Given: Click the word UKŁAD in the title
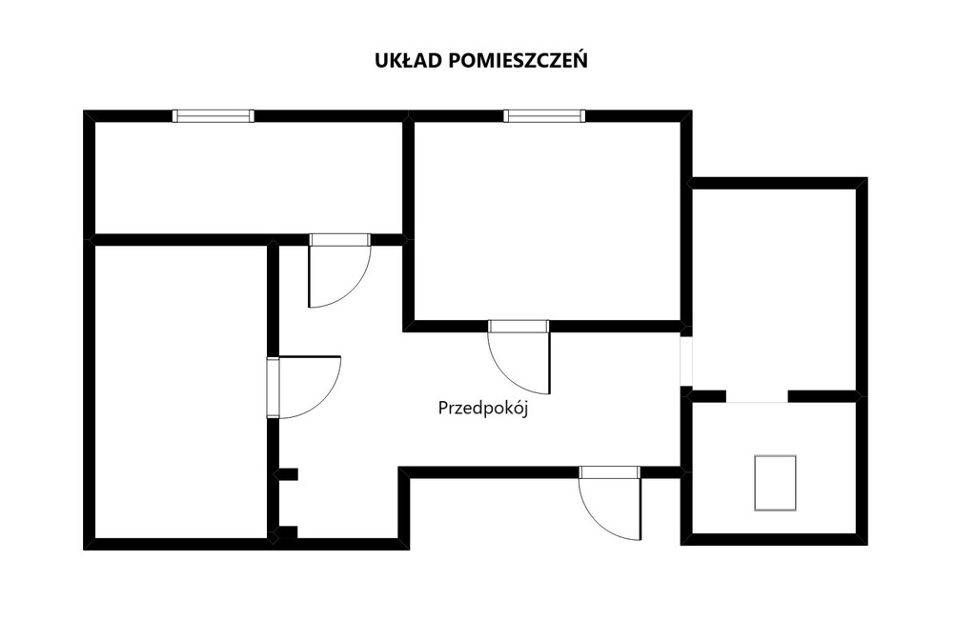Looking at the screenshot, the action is (408, 61).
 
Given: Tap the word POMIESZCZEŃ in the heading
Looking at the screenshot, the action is (518, 60).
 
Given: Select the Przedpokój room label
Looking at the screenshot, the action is (483, 409).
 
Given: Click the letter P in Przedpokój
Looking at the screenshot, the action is (442, 409).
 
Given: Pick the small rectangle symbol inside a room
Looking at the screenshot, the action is (776, 483).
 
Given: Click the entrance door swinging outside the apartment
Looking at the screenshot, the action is (609, 503).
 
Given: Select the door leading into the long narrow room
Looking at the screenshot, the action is (340, 270).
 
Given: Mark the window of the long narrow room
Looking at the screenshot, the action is (213, 116).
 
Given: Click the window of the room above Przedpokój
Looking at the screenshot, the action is (544, 116).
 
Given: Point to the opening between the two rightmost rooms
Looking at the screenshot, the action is (757, 396).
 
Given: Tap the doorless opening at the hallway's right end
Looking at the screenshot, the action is (686, 361).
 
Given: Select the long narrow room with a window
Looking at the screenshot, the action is (248, 178).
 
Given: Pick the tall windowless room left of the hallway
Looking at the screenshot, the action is (180, 392).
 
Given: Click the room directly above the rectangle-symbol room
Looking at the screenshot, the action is (775, 290).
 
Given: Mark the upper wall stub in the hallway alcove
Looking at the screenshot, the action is (287, 474).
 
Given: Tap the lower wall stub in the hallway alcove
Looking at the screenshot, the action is (286, 532).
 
